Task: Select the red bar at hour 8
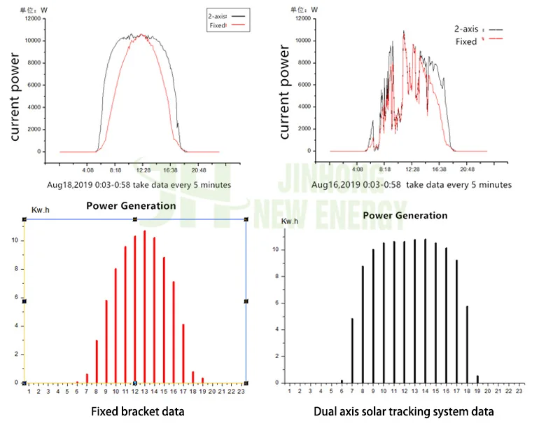pos(97,362)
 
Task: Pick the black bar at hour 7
pos(352,350)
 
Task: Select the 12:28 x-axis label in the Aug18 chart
pos(143,170)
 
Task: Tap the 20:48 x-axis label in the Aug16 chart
pos(468,170)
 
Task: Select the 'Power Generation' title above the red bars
pos(131,206)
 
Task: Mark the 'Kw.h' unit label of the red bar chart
pos(40,210)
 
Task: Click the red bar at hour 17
pos(183,354)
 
